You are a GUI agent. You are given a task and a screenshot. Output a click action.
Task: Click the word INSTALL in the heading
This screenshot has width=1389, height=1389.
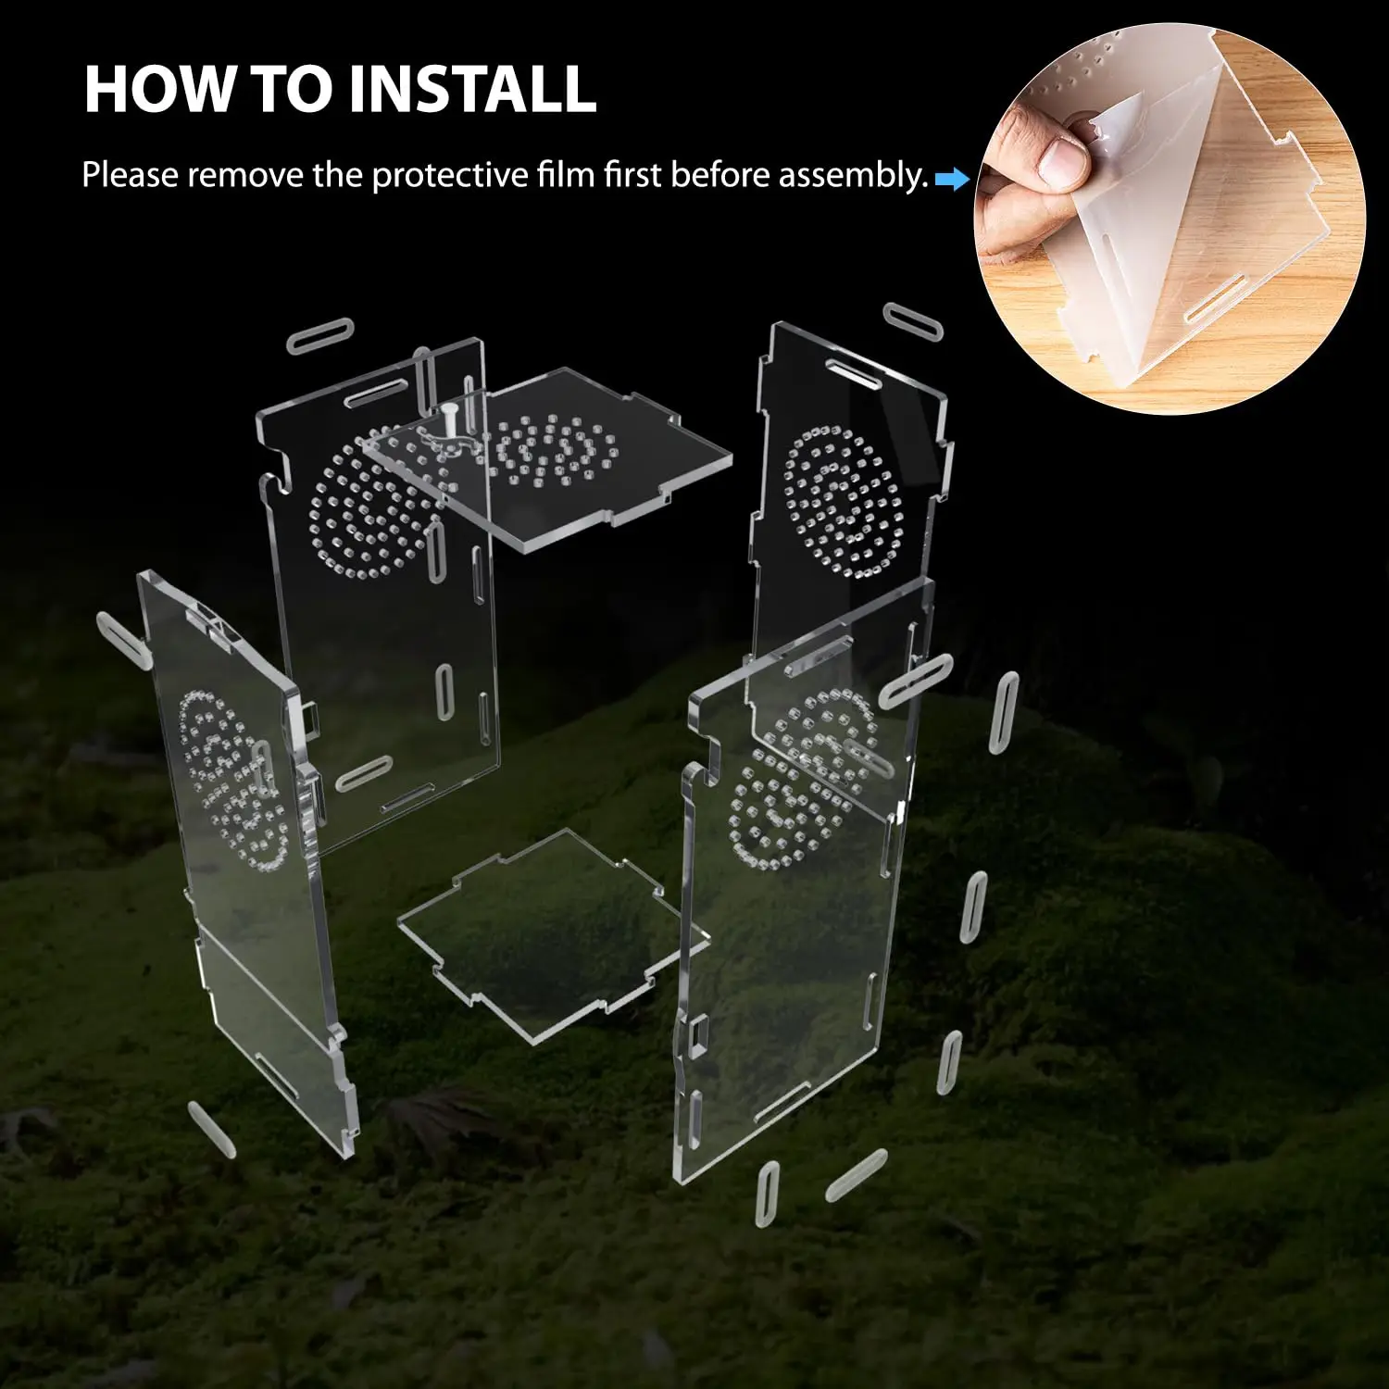[472, 90]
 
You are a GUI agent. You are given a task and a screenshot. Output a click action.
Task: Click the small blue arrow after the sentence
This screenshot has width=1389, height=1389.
[950, 179]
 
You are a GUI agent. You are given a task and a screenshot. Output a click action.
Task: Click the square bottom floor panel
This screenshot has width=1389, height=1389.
[546, 935]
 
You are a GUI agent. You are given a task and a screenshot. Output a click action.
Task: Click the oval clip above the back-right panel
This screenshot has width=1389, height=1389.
[912, 320]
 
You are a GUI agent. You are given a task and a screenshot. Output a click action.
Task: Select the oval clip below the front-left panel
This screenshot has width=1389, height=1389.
[211, 1129]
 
